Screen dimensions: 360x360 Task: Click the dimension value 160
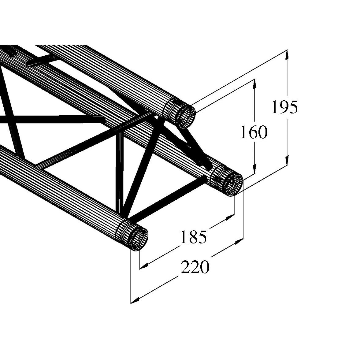[253, 132]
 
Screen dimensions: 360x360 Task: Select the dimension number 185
[193, 237]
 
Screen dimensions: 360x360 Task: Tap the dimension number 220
[195, 267]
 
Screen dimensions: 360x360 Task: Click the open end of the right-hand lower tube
[234, 185]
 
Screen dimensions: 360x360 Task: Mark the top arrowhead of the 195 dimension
[287, 55]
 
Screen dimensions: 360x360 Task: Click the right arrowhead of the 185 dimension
[229, 218]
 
